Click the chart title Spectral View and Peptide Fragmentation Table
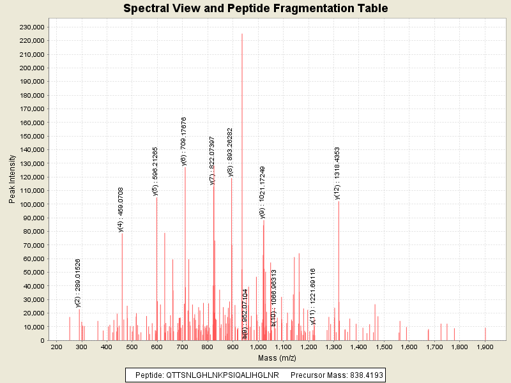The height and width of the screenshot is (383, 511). coord(256,9)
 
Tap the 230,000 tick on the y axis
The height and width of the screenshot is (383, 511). coord(31,27)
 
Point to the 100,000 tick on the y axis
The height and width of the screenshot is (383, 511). coord(31,204)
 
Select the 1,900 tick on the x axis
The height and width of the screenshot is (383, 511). coord(485,347)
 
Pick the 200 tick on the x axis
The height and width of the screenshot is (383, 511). coord(56,347)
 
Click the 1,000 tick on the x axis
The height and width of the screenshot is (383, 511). coord(258,347)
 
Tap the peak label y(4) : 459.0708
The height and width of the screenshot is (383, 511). coord(121,209)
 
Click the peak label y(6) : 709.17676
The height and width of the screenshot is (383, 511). coord(184,141)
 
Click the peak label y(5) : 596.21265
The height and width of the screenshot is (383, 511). coord(155,170)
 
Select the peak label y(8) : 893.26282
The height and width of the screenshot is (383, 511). coord(231,152)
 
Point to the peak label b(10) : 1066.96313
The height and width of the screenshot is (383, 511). coord(273,298)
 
